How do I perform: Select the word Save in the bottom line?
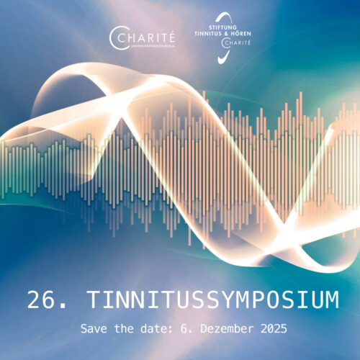click(93, 329)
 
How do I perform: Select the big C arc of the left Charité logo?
click(115, 36)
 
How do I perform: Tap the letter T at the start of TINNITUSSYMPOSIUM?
click(90, 300)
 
